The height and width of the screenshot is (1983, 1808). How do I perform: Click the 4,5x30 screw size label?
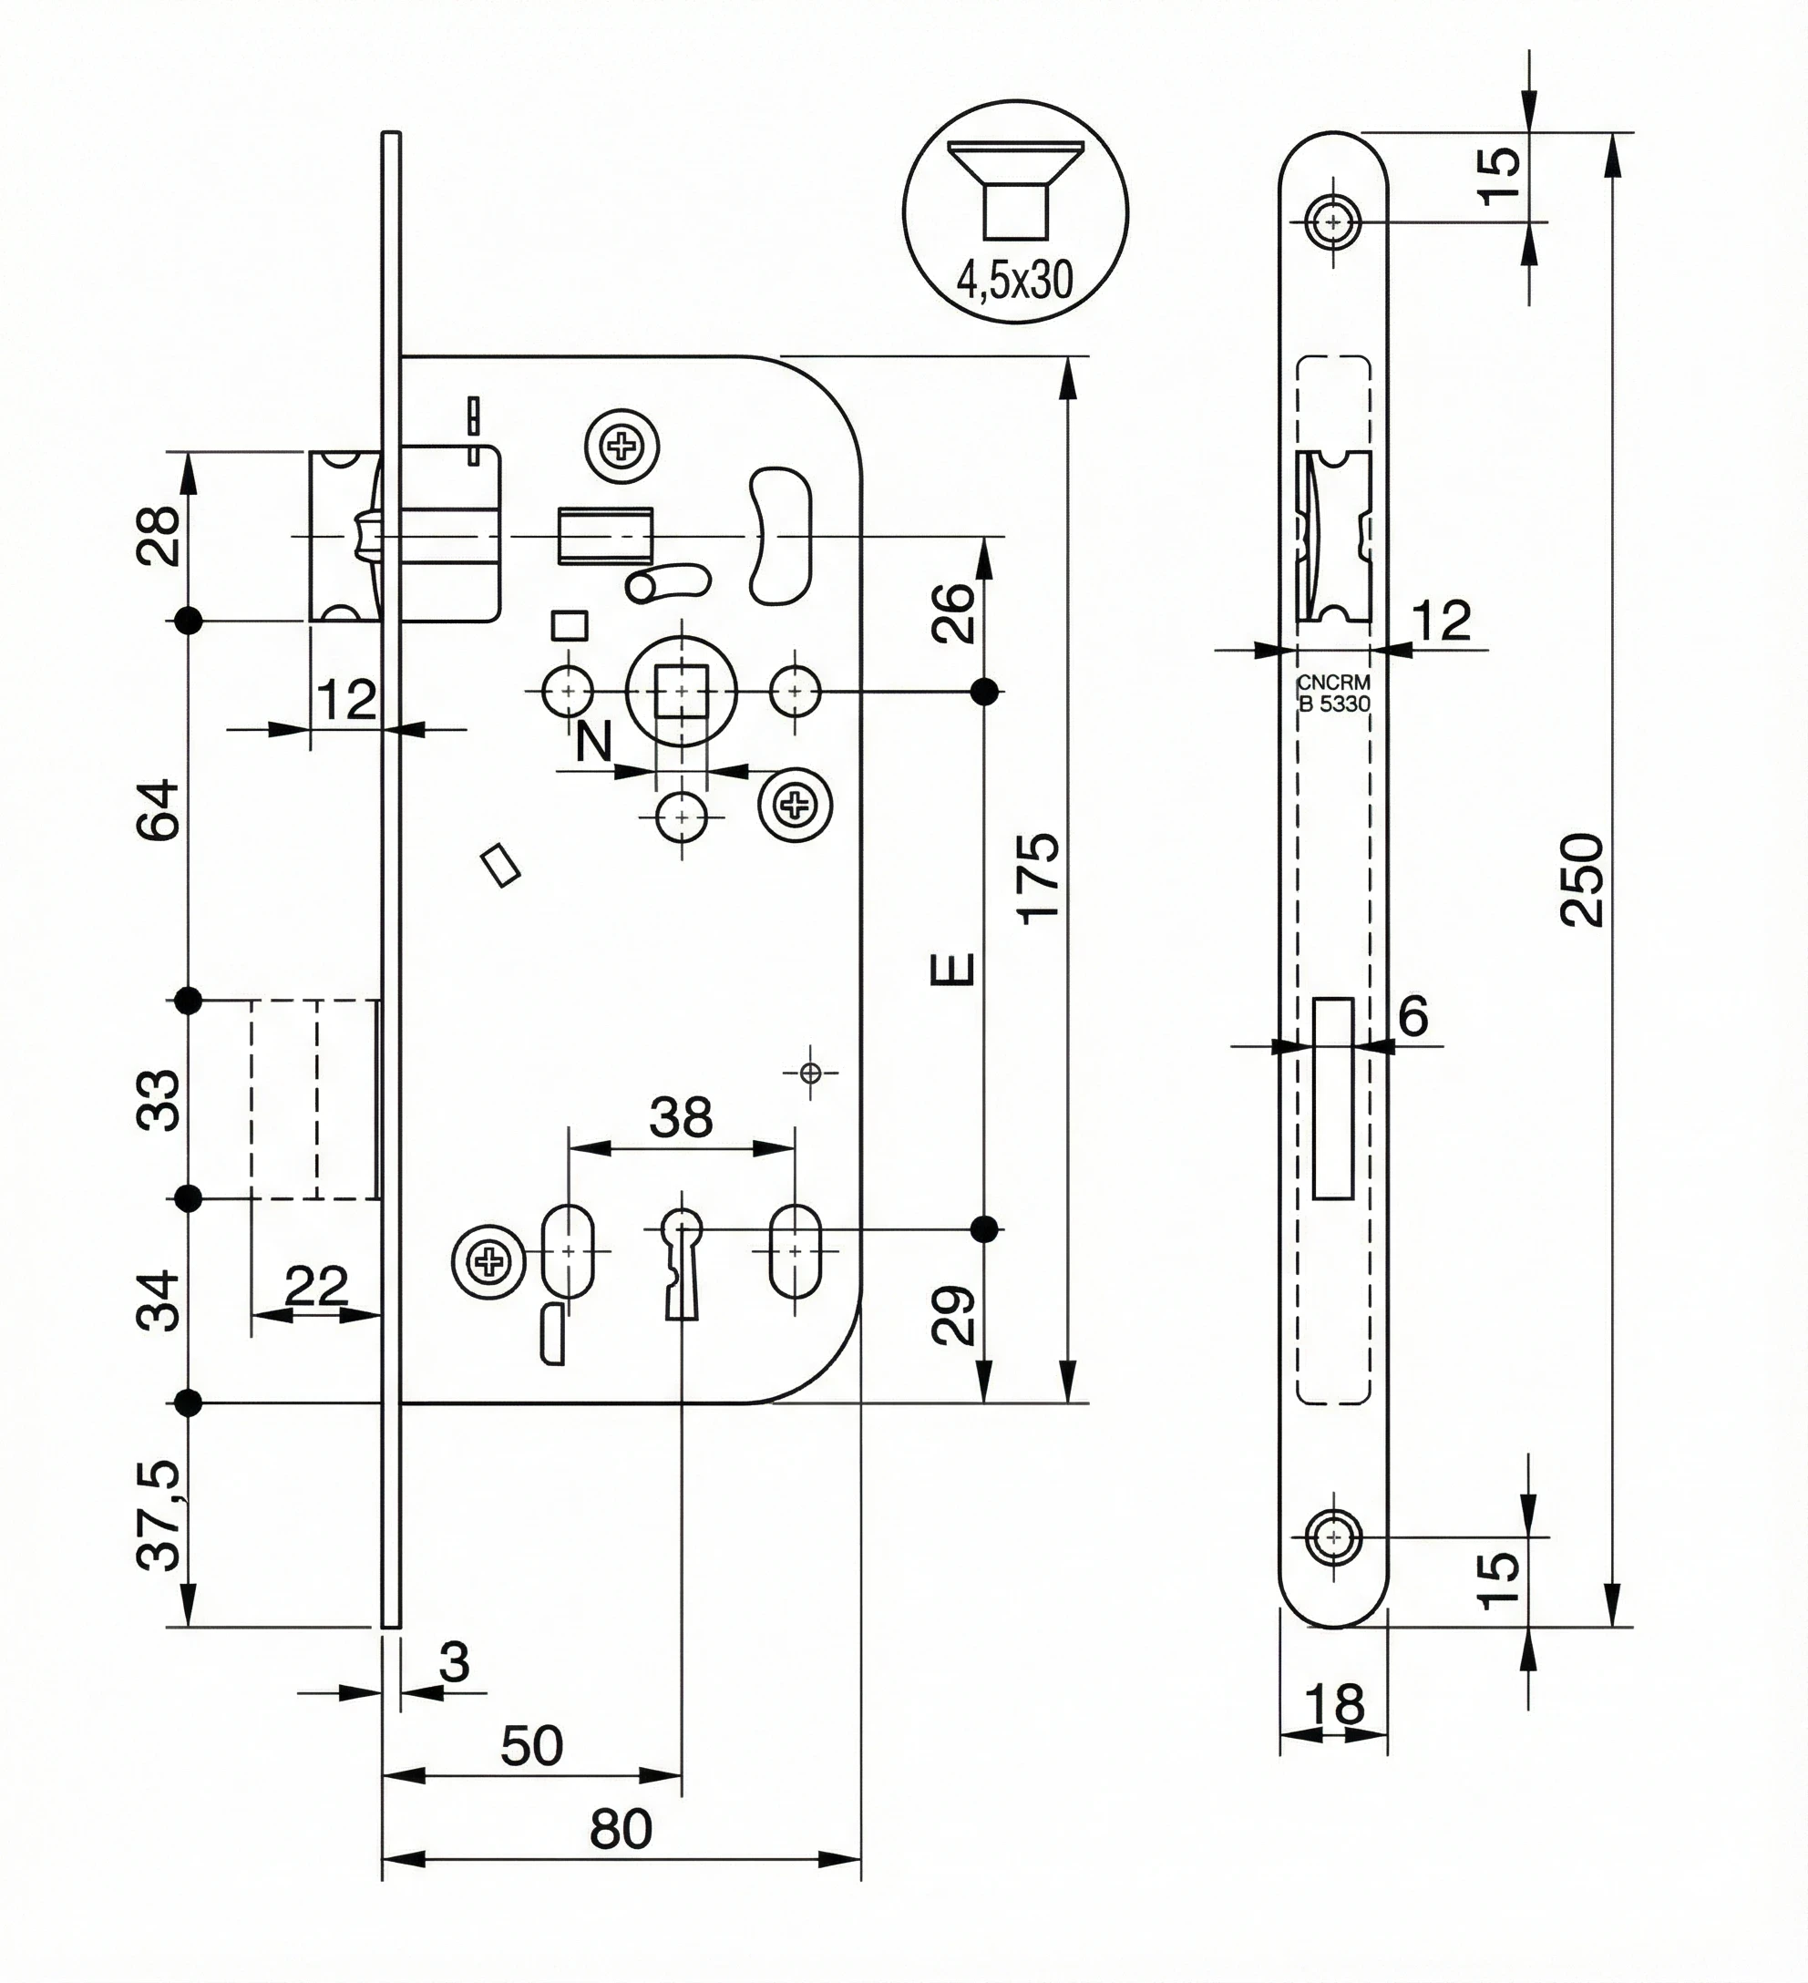pyautogui.click(x=1014, y=282)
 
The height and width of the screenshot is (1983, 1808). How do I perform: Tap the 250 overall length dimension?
pyautogui.click(x=1583, y=879)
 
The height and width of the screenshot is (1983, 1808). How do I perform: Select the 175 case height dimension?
pyautogui.click(x=1039, y=878)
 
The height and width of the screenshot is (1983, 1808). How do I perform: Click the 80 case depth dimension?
pyautogui.click(x=621, y=1829)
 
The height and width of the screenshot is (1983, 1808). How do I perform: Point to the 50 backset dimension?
pyautogui.click(x=531, y=1745)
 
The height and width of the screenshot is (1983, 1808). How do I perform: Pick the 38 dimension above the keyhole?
pyautogui.click(x=681, y=1117)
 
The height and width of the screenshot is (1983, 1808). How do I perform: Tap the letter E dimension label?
pyautogui.click(x=952, y=969)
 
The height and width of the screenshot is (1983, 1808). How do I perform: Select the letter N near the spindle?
pyautogui.click(x=593, y=742)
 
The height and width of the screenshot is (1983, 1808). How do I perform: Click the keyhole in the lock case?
pyautogui.click(x=681, y=1262)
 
